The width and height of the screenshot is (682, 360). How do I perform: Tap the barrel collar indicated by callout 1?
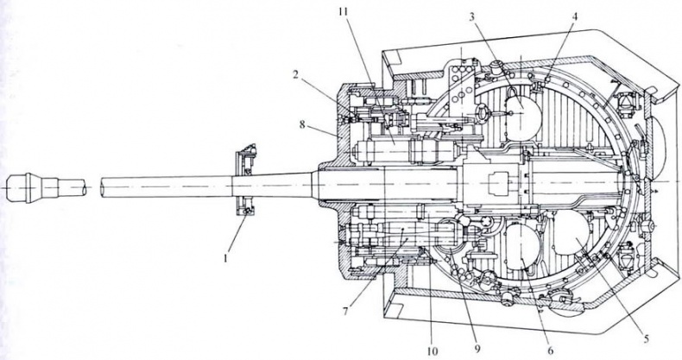[x=244, y=182]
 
